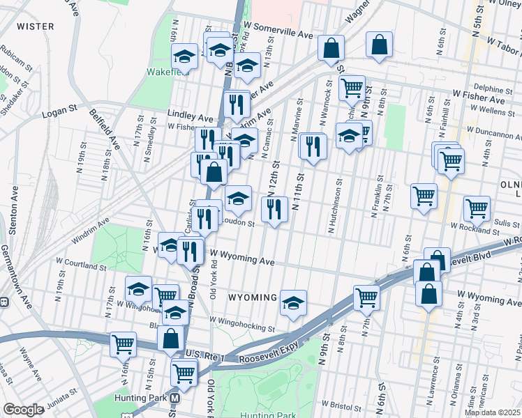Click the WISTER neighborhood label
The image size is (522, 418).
coord(35,26)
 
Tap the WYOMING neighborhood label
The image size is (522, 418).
coord(253,297)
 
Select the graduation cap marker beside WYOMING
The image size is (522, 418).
coord(294,302)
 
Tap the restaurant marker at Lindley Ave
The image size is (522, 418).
coord(237,104)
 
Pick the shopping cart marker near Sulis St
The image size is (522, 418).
coord(477,207)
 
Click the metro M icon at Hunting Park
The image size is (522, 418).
coord(176,398)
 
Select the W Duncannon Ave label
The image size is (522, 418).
coord(493,130)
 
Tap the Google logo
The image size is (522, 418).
coord(23,410)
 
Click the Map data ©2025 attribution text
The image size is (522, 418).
coord(491,412)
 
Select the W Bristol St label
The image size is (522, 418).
coord(341,403)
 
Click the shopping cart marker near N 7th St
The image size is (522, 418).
coord(366,297)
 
